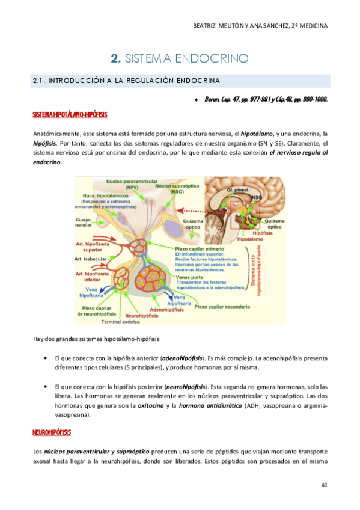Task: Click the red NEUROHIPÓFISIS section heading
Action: [x=51, y=432]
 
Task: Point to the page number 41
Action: [x=325, y=485]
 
